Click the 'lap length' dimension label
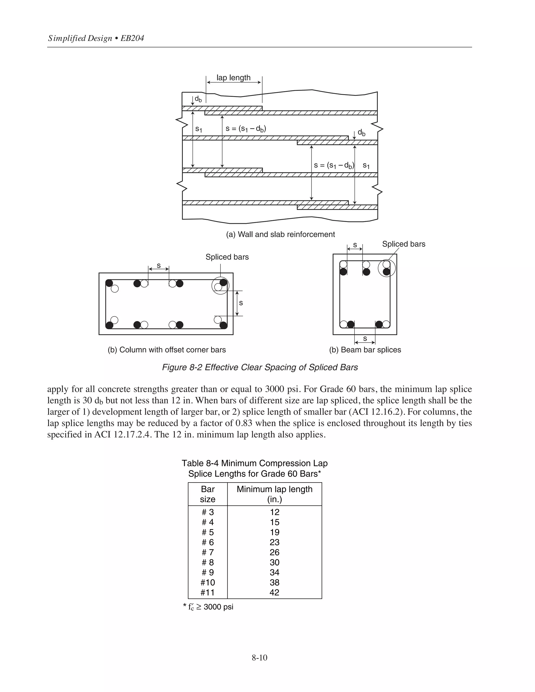coord(233,78)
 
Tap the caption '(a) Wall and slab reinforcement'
coord(280,234)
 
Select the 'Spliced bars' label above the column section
coord(227,257)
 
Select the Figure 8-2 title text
coord(260,367)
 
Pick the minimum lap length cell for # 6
coord(275,542)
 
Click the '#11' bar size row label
coord(208,592)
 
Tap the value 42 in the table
coord(275,592)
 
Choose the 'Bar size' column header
coord(208,494)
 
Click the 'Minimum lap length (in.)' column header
coord(275,494)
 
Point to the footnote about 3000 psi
coord(208,607)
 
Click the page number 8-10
coord(260,658)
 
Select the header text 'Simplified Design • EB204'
coord(96,38)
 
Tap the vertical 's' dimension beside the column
coord(241,303)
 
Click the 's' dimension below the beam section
coord(365,338)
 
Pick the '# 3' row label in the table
coord(208,512)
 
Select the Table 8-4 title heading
coord(254,468)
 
